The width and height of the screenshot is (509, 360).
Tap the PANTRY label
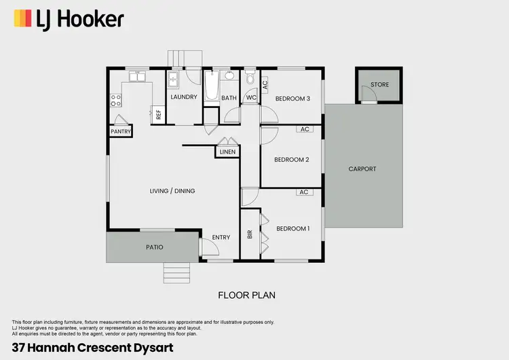point(121,132)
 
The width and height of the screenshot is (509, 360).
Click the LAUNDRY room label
point(183,97)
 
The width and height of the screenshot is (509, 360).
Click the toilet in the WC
point(250,81)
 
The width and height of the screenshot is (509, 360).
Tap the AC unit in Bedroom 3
point(265,85)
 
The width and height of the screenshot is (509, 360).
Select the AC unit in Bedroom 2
point(304,129)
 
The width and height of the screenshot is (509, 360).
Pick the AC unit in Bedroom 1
point(304,192)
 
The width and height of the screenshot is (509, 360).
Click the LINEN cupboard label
point(227,151)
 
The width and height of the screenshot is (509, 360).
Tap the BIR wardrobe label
point(250,234)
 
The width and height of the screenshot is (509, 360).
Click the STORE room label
point(379,85)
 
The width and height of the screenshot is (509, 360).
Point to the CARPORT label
point(362,169)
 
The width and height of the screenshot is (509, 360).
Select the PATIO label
point(154,247)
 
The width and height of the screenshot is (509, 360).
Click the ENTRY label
point(221,237)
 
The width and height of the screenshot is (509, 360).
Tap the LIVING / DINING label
point(172,191)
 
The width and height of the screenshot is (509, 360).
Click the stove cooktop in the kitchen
point(115,101)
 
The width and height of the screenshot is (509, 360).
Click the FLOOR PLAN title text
point(246,295)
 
